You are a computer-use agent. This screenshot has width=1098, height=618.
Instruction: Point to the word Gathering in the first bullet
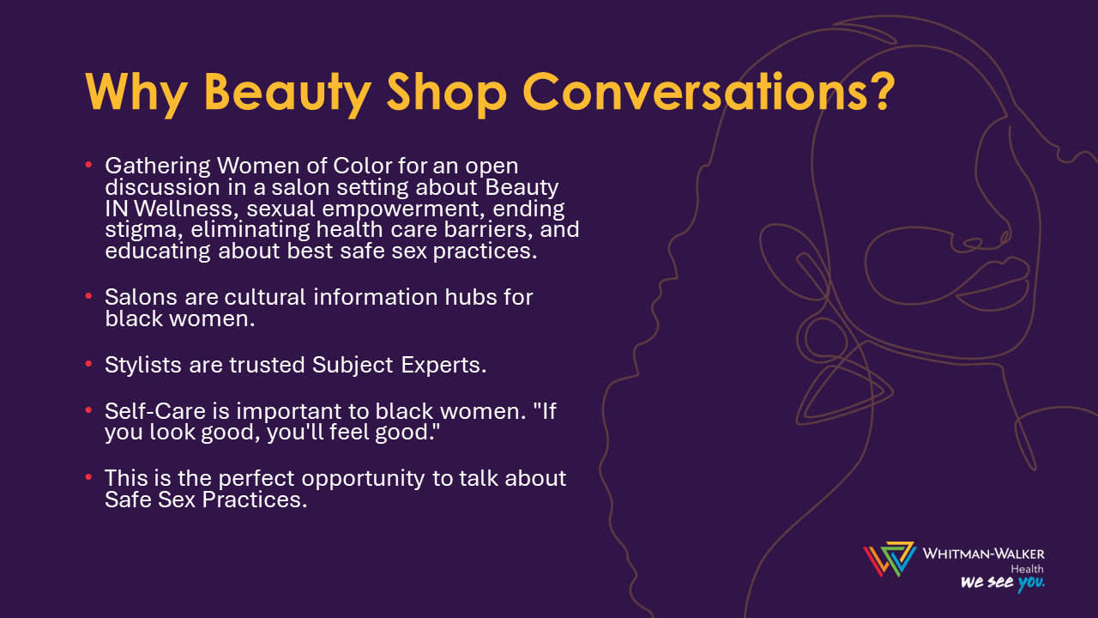coord(157,167)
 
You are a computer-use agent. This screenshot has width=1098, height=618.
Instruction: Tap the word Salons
coord(141,297)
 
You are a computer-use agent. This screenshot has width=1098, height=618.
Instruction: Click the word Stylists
coord(143,366)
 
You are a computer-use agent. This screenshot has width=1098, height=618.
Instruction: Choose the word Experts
coord(443,366)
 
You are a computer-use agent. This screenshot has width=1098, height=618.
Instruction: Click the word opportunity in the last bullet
coord(363,479)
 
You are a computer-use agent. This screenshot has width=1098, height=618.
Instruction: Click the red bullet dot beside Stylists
coord(88,363)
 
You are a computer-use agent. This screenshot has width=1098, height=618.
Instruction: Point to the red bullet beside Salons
coord(88,296)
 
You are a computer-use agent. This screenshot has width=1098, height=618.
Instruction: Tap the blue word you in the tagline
coord(1031,583)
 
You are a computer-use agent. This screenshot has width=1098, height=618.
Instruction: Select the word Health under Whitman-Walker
coord(1028,569)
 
